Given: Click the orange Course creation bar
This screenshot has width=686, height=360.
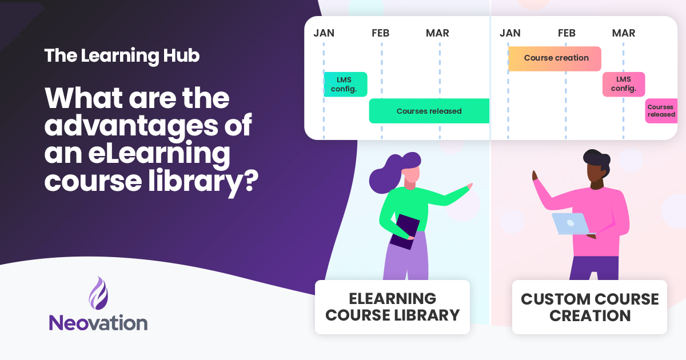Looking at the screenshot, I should click(555, 58).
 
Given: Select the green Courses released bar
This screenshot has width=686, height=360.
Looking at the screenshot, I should click(429, 111).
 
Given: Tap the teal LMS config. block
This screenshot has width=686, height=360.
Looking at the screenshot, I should click(345, 84).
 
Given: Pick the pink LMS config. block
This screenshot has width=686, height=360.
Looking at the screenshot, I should click(623, 84).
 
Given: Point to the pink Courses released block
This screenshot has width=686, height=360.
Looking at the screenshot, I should click(661, 111).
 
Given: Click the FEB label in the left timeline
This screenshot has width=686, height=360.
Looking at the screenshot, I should click(380, 33).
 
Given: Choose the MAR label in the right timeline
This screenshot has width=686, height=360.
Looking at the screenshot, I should click(623, 33).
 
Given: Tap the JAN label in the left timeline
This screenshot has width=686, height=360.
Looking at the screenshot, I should click(324, 33).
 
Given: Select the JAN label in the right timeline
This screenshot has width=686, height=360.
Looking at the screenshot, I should click(510, 33).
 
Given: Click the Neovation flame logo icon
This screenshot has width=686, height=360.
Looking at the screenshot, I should click(98, 293).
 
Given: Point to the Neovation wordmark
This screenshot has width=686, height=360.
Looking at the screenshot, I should click(98, 322).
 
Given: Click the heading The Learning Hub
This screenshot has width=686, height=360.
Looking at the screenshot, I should click(122, 56).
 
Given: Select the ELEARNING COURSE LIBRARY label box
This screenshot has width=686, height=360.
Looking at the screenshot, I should click(392, 307).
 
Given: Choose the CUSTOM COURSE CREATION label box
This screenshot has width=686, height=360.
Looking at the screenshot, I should click(589, 307).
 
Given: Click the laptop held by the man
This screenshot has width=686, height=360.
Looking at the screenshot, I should click(570, 223).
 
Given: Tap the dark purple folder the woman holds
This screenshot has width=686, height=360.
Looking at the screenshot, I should click(405, 231).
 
